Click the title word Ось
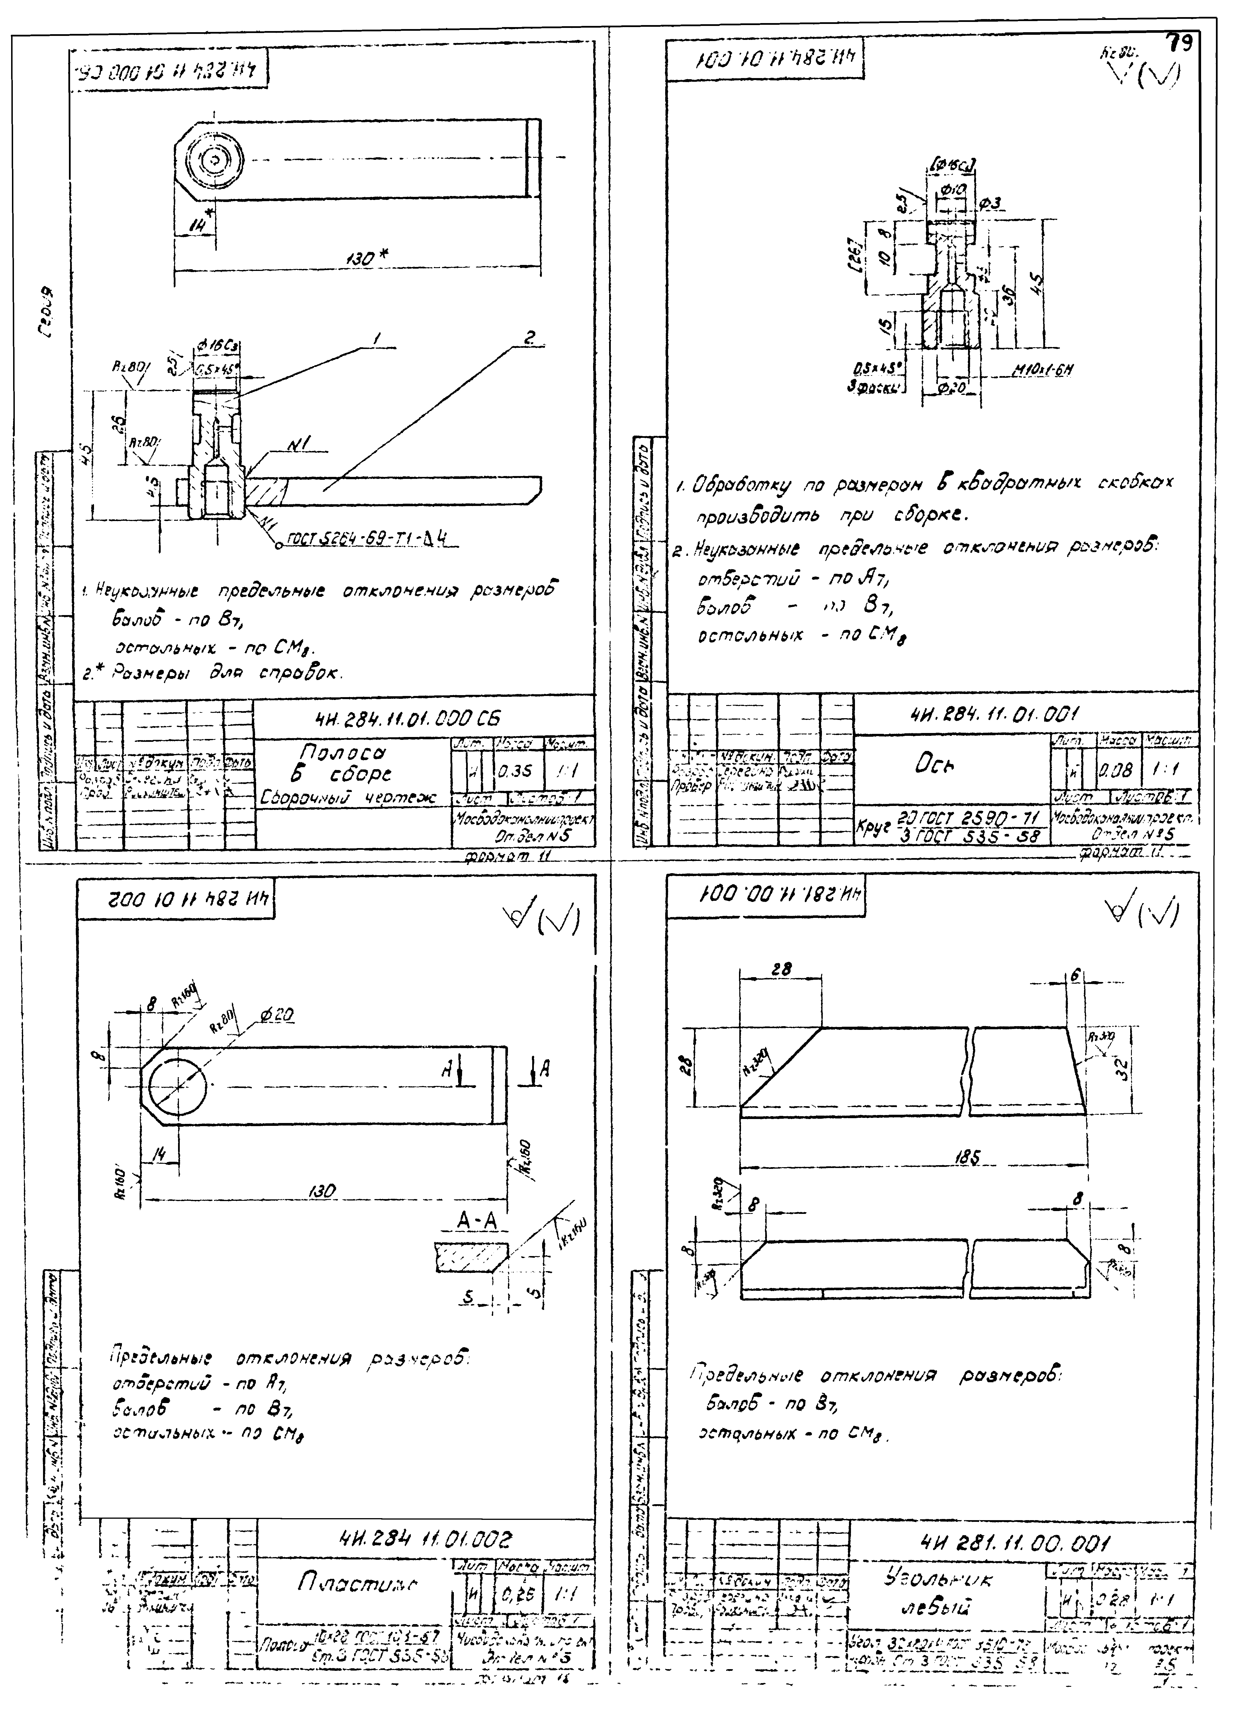[x=935, y=764]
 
